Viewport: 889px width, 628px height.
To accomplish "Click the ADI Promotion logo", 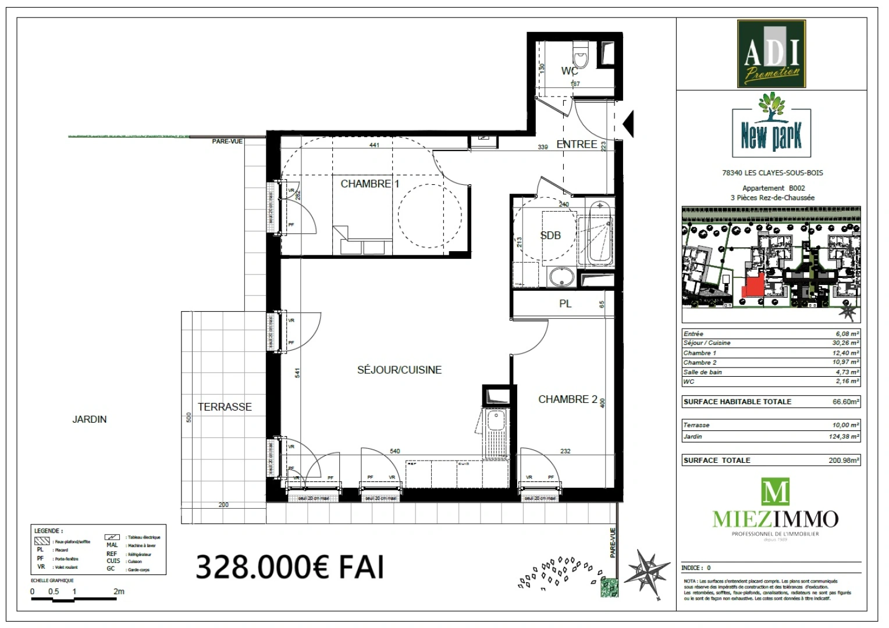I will point(771,53).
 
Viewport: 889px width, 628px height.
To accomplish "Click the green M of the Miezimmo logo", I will point(776,491).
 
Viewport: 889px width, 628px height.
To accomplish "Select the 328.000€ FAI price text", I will point(290,566).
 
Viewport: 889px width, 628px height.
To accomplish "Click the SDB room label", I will point(550,235).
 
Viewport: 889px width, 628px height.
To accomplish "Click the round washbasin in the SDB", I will point(561,277).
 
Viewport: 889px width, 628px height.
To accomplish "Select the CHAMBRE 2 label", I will point(567,399).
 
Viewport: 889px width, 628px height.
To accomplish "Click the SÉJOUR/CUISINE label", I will point(399,370).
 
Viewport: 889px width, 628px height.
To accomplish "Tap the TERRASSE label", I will point(225,407).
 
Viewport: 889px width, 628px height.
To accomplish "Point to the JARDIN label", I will point(90,419).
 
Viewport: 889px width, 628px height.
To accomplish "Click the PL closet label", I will point(565,304).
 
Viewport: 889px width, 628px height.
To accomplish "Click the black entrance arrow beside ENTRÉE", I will point(628,123).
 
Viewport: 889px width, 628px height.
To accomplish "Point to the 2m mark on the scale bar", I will point(119,592).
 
